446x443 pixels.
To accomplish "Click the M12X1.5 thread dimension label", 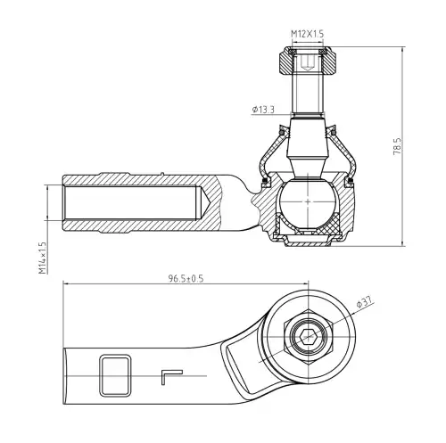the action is tap(307, 34).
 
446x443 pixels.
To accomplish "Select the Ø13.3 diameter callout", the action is tap(263, 110).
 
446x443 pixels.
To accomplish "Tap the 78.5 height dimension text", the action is tap(397, 146).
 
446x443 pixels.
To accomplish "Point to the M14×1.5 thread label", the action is tap(43, 258).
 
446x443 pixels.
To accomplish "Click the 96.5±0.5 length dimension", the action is tap(186, 278).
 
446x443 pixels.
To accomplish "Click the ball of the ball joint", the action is tap(308, 201).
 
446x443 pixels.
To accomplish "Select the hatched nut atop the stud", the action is tap(308, 61).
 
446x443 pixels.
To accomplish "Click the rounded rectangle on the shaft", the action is tap(115, 375).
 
